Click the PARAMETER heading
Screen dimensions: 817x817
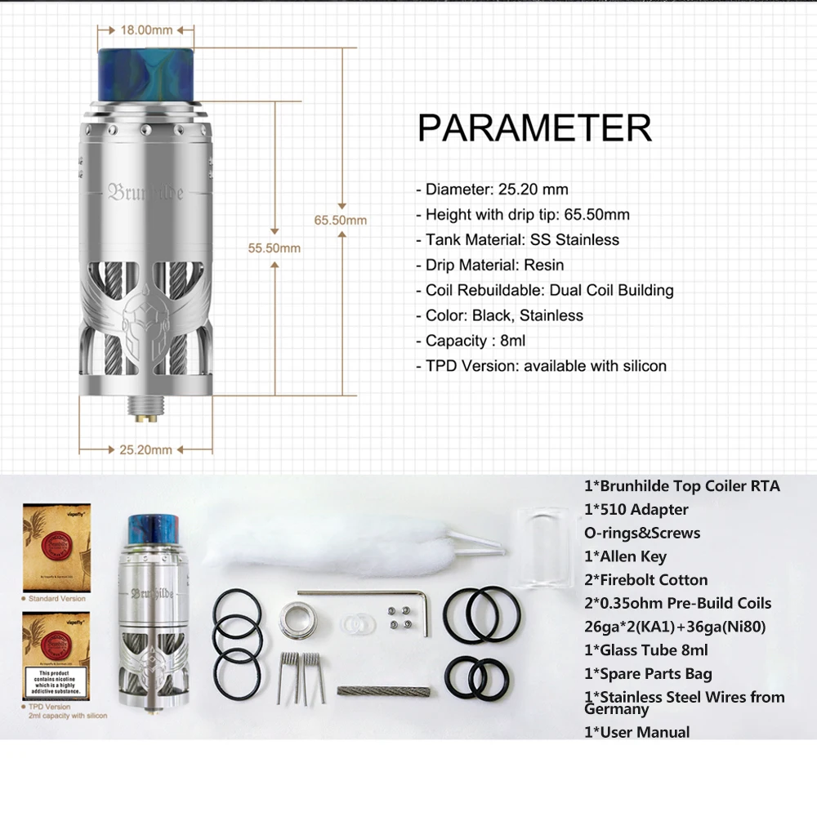(534, 128)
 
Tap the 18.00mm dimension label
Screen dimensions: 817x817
(146, 30)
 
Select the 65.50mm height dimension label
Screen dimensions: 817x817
(340, 220)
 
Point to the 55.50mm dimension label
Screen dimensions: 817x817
(275, 248)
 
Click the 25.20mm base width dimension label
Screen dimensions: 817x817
(145, 449)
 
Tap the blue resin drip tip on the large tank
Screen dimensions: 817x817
(145, 79)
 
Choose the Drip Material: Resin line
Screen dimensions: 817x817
(494, 265)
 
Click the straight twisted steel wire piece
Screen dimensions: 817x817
(382, 692)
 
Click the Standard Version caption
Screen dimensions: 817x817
(56, 599)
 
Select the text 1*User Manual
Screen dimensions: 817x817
(636, 732)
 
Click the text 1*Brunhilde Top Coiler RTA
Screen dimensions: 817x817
(681, 486)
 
